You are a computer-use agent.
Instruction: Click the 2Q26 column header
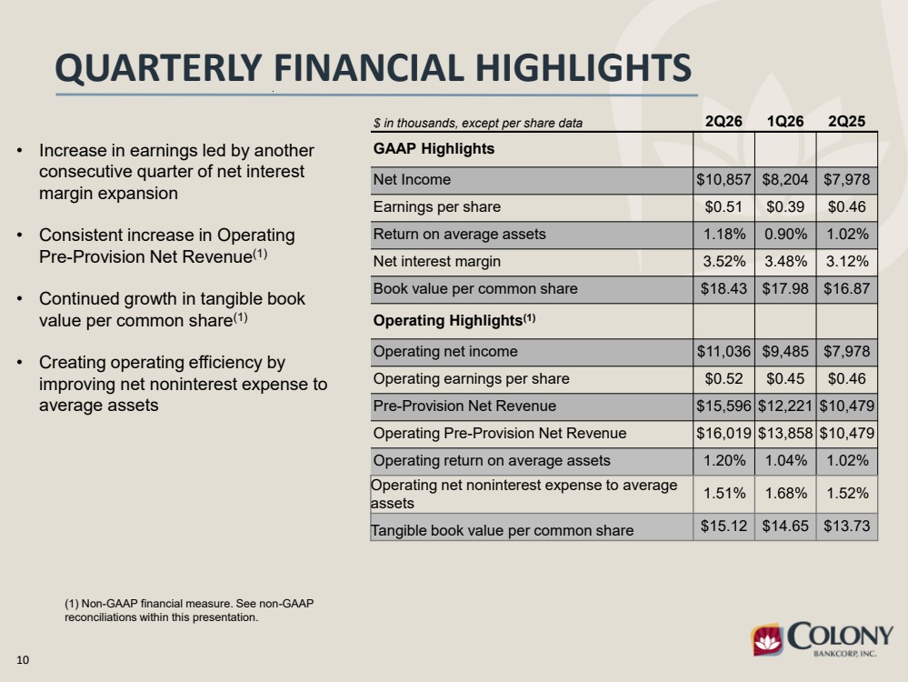click(723, 121)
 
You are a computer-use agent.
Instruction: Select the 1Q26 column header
click(785, 121)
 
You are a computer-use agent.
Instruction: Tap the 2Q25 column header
click(846, 121)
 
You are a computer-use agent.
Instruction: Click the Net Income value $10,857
click(723, 180)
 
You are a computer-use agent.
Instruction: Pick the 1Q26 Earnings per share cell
click(785, 206)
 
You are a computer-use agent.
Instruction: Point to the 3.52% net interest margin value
click(723, 261)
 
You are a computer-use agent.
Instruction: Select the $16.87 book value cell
click(846, 288)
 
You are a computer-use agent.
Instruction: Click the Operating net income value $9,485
click(785, 351)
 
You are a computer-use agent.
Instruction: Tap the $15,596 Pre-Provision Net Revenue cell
click(723, 406)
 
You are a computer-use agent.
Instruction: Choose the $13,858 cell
click(785, 433)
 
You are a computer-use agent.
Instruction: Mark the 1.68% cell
click(785, 493)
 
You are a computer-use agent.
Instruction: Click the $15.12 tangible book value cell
click(723, 527)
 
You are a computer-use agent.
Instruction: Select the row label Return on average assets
click(459, 234)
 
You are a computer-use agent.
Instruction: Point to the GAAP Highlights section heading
click(434, 149)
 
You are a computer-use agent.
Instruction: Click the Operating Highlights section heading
click(454, 320)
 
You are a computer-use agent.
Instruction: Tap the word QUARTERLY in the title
click(159, 68)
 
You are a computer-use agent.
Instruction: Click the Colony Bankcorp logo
click(823, 639)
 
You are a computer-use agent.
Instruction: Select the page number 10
click(23, 660)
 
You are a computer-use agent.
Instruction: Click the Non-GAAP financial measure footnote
click(189, 610)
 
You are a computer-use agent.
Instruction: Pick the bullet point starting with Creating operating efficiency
click(183, 384)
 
